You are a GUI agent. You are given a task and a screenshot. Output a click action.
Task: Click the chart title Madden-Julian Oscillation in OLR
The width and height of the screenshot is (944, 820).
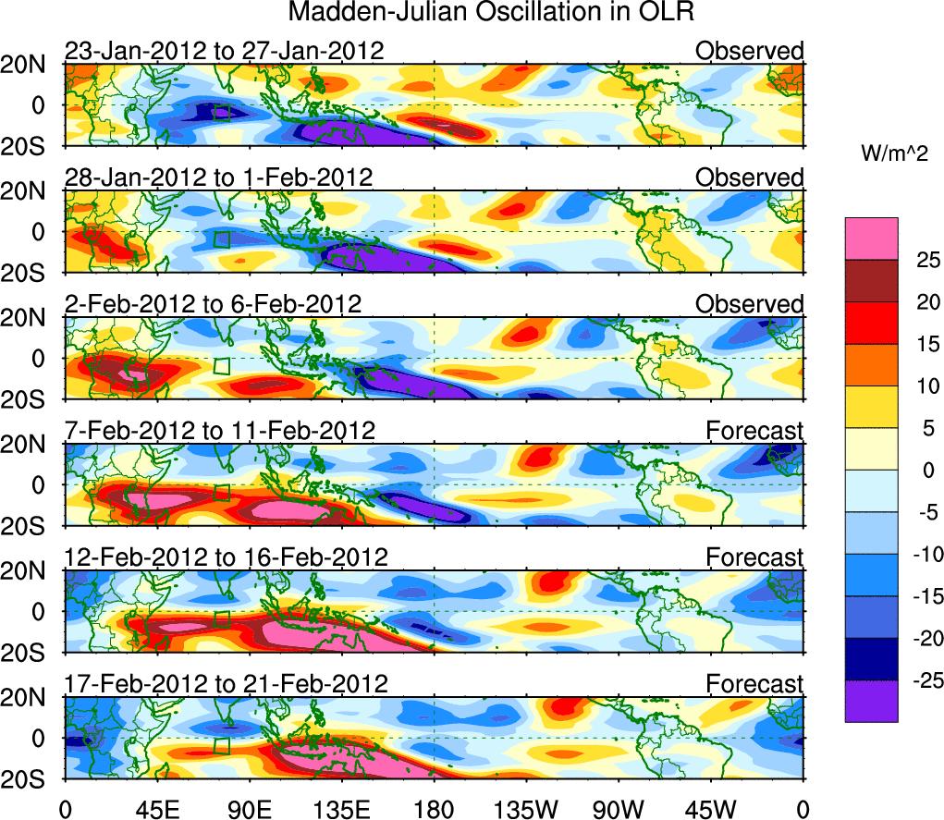[x=491, y=13]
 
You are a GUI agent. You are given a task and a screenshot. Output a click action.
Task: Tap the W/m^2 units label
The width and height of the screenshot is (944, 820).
[x=894, y=153]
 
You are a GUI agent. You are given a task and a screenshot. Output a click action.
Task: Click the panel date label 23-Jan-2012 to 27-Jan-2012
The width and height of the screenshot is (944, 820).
[x=224, y=51]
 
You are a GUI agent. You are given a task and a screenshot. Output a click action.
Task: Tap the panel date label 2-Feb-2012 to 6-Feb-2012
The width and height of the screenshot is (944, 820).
[x=213, y=304]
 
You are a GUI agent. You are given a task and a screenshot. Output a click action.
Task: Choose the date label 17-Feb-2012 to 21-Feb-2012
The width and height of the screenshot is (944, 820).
[x=226, y=684]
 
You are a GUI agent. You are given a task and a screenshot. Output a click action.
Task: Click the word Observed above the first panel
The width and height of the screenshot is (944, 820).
[x=749, y=51]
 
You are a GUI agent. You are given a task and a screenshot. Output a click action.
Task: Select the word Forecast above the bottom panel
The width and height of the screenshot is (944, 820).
[x=754, y=684]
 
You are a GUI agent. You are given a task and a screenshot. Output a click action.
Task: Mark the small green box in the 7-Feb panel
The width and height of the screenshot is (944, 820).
[x=222, y=493]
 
